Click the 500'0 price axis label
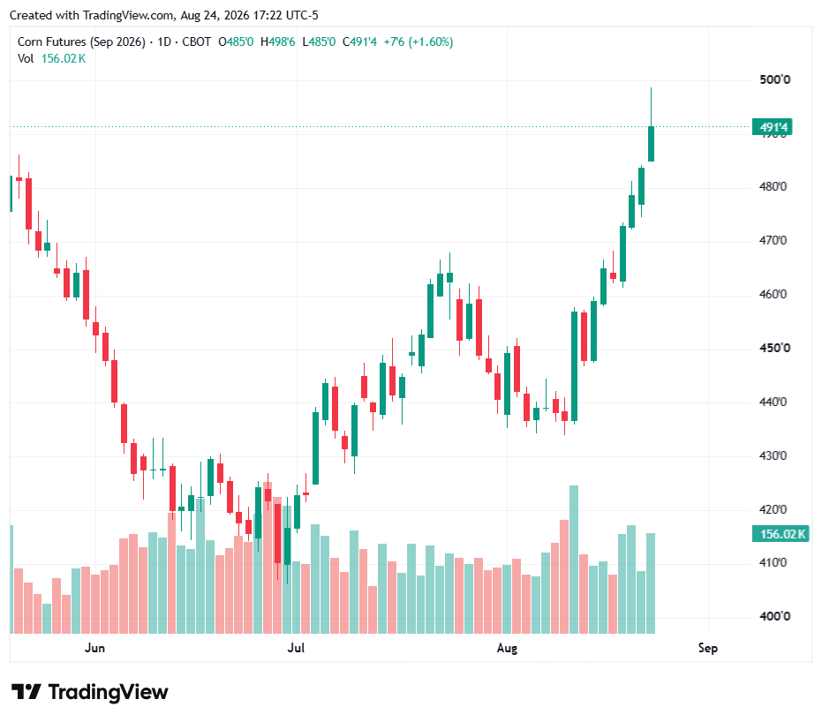tap(774, 79)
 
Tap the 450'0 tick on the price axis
tap(774, 348)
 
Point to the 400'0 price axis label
tap(774, 616)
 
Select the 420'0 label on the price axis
tap(773, 509)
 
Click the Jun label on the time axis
tap(94, 648)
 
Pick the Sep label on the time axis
tap(708, 648)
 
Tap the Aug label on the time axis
tap(507, 648)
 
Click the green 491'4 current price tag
tap(772, 127)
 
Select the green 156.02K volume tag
tap(781, 534)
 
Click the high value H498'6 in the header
tap(278, 41)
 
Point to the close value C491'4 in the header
tap(359, 41)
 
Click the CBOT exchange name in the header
tap(197, 41)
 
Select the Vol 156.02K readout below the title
tap(51, 58)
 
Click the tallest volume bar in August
tap(574, 560)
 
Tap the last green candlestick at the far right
tap(651, 144)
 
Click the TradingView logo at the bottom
tap(90, 692)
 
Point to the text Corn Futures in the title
tap(52, 41)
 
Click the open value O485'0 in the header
tap(236, 41)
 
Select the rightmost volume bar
tap(651, 583)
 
